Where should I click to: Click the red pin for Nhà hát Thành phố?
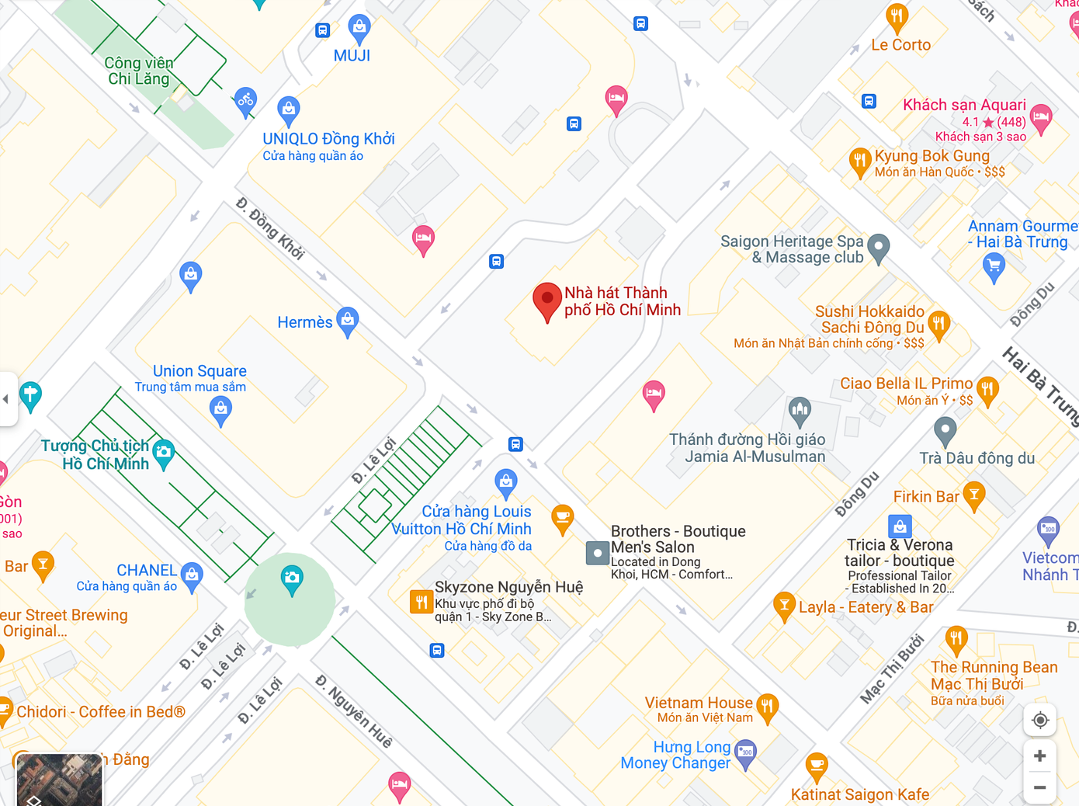point(546,299)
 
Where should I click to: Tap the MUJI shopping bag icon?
point(359,28)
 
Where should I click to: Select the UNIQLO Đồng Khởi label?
point(328,139)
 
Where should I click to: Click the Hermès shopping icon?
point(348,320)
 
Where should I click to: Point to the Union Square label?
point(199,371)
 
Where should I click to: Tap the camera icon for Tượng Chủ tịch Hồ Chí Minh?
point(163,453)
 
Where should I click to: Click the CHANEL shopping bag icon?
point(192,575)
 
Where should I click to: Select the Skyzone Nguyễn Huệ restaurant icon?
point(421,601)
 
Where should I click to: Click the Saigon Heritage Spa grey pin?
point(878,247)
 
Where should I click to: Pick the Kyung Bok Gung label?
point(932,156)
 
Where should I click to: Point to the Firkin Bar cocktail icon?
point(973,494)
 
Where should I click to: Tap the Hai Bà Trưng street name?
point(1040,386)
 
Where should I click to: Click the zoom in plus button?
point(1039,756)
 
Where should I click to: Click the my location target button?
point(1039,720)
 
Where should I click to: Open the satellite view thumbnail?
point(59,779)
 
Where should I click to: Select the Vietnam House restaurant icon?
point(767,706)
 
